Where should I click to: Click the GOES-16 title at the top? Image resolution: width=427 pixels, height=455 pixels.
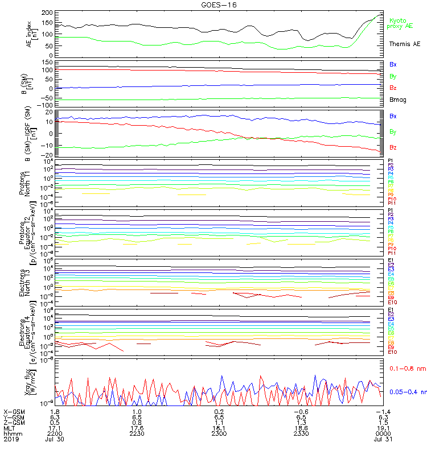pyautogui.click(x=215, y=5)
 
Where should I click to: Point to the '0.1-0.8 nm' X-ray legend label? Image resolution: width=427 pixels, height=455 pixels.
pyautogui.click(x=405, y=369)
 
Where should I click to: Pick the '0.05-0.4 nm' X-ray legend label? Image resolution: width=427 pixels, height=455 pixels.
pyautogui.click(x=407, y=392)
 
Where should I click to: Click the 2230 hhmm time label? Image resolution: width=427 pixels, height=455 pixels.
pyautogui.click(x=137, y=433)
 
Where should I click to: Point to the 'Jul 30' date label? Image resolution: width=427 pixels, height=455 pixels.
pyautogui.click(x=56, y=439)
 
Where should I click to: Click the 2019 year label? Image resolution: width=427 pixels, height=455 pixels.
pyautogui.click(x=11, y=439)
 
